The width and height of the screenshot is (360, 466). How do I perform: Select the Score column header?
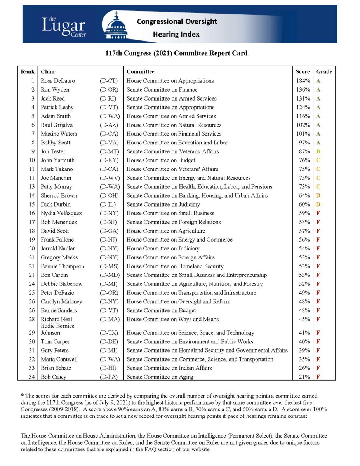[302, 71]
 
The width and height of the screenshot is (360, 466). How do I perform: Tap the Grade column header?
[324, 71]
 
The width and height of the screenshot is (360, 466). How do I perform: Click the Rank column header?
[28, 71]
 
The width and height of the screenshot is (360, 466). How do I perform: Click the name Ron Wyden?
[55, 90]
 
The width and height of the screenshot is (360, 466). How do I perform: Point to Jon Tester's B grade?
[318, 151]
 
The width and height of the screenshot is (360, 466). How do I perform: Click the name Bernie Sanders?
[59, 310]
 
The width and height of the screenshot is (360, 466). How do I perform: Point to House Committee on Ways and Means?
[172, 319]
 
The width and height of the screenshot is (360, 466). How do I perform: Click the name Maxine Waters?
[59, 134]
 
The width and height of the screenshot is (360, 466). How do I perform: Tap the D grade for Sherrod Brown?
[318, 195]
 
